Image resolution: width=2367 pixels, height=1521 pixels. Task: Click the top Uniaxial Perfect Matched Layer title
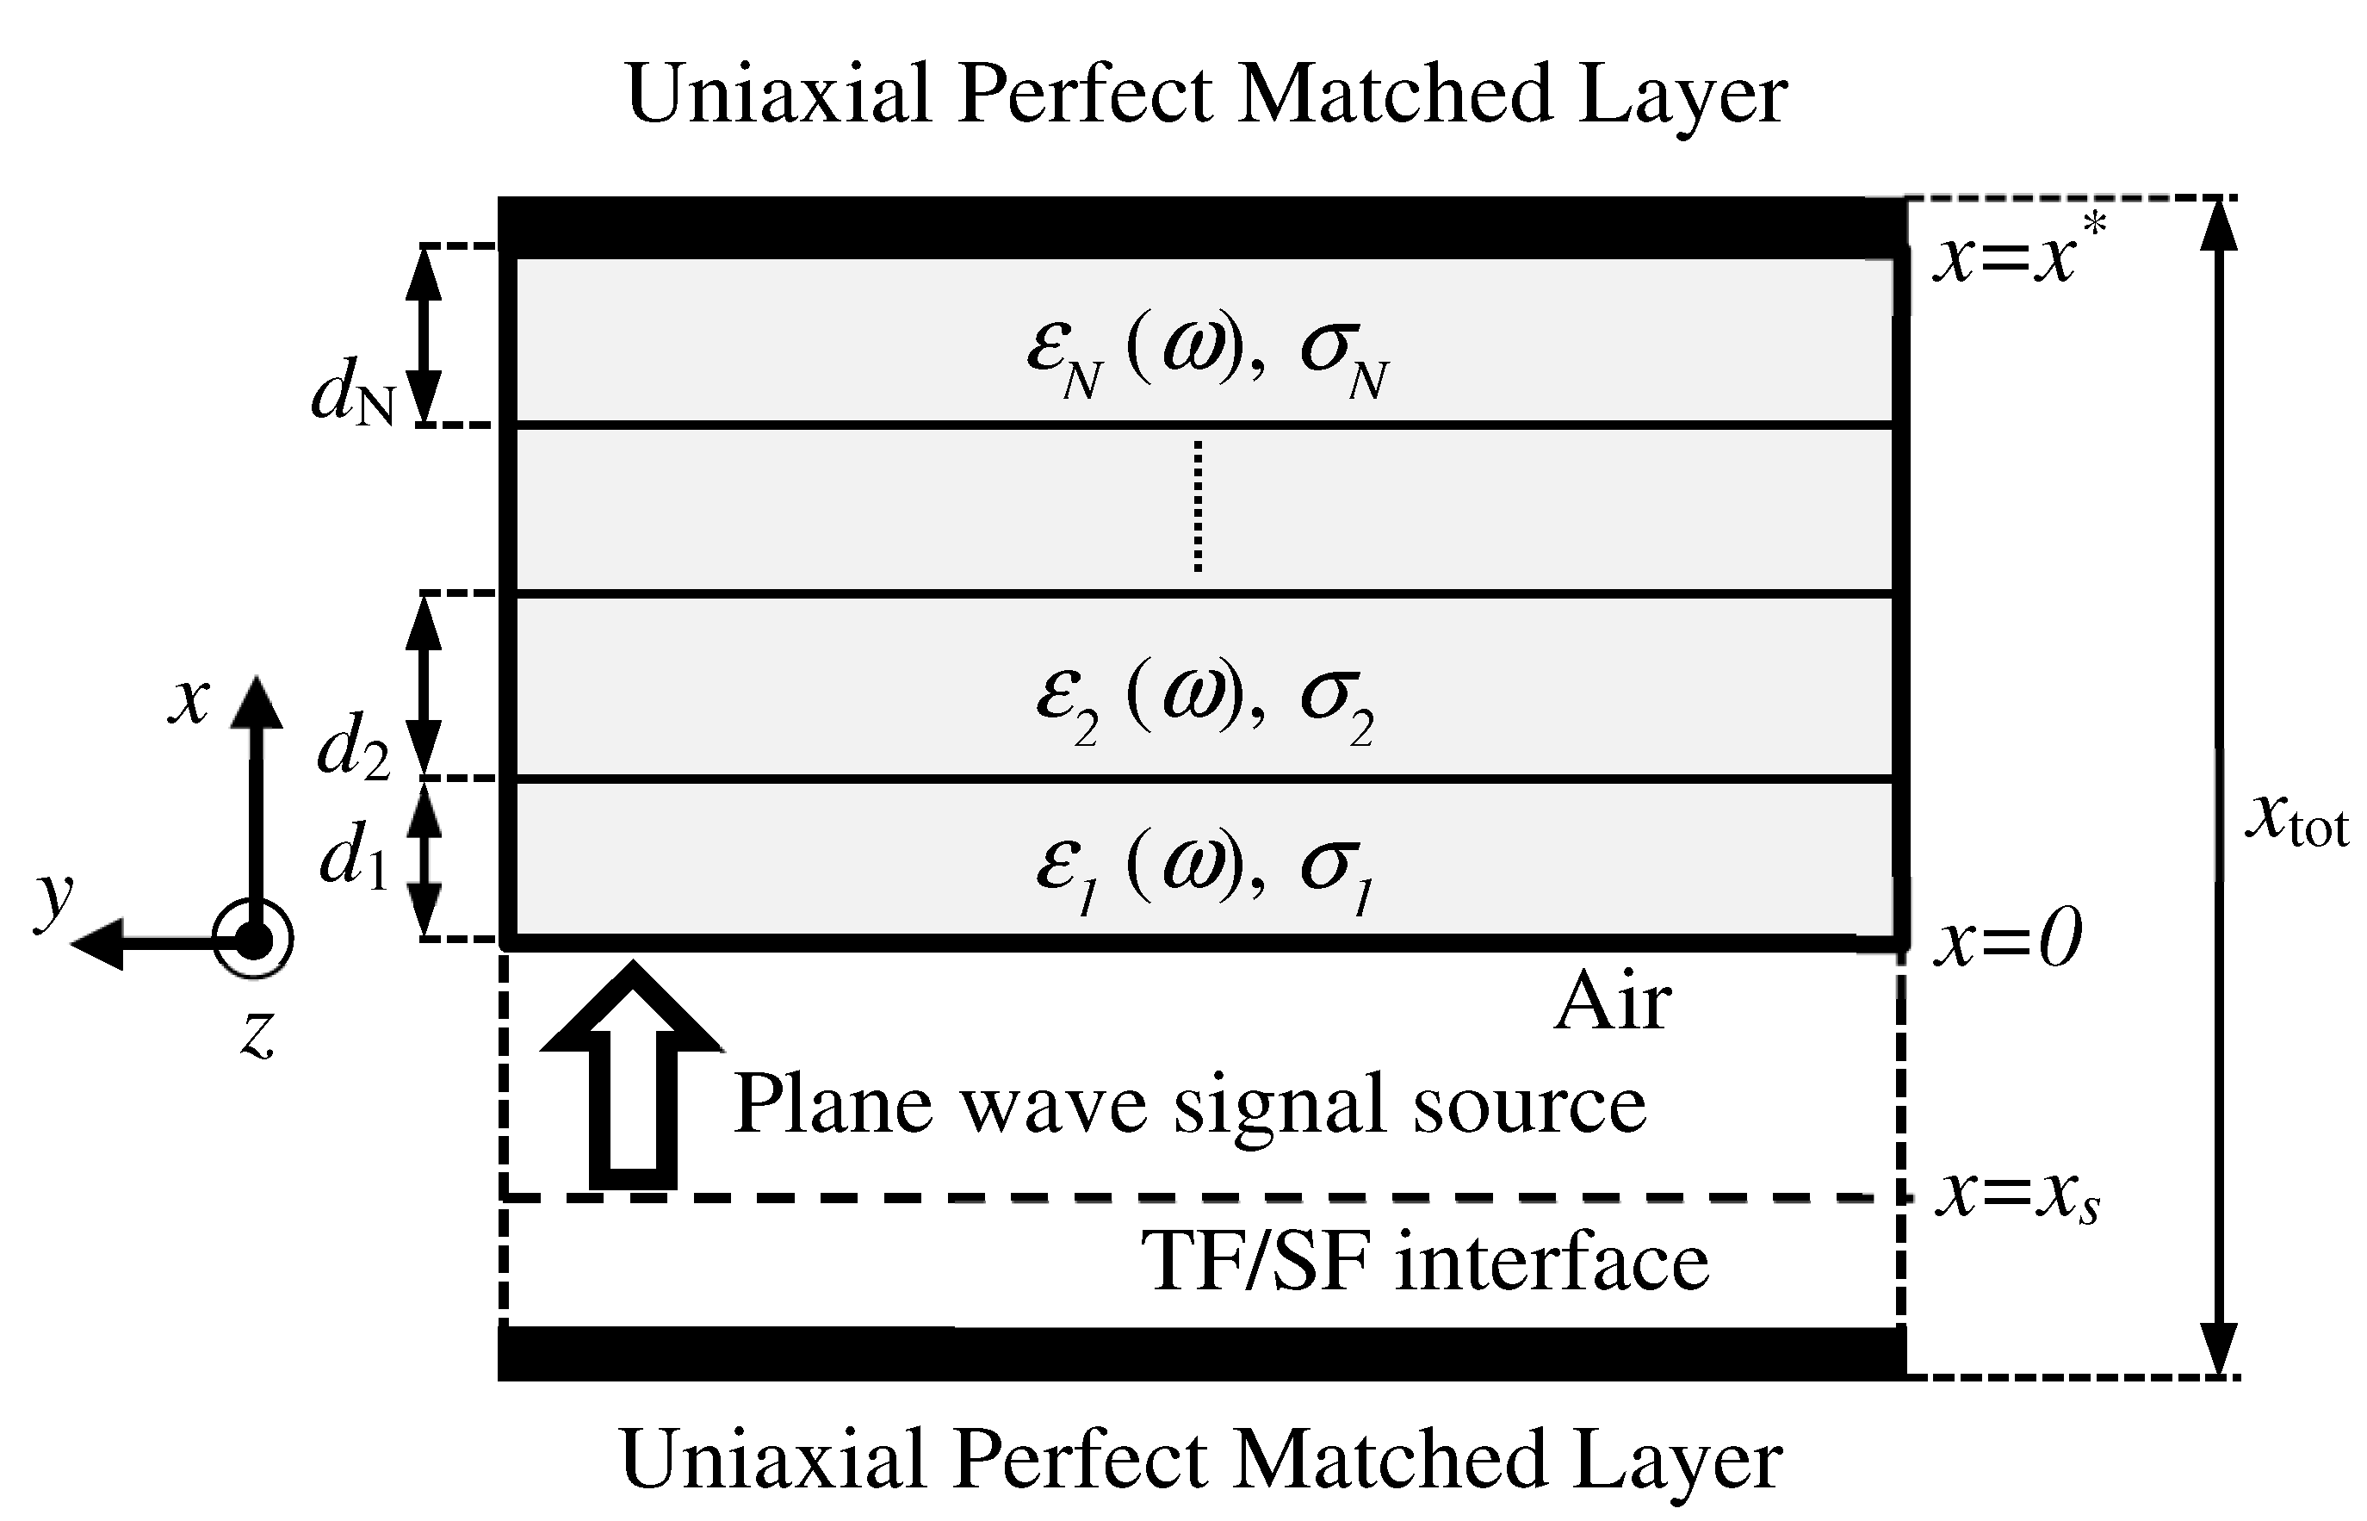1205,95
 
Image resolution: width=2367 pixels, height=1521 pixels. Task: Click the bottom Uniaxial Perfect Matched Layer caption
1201,1460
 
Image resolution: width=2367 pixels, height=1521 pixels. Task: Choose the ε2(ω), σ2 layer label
1205,701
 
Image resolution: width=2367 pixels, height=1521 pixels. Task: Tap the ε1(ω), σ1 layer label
1205,869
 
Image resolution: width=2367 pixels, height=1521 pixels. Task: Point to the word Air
1613,1003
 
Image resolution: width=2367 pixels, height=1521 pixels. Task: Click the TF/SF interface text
1424,1263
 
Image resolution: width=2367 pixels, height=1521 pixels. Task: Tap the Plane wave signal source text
1190,1104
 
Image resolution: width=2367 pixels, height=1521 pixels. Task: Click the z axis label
257,1035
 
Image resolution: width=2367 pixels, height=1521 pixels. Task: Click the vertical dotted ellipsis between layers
1198,506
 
